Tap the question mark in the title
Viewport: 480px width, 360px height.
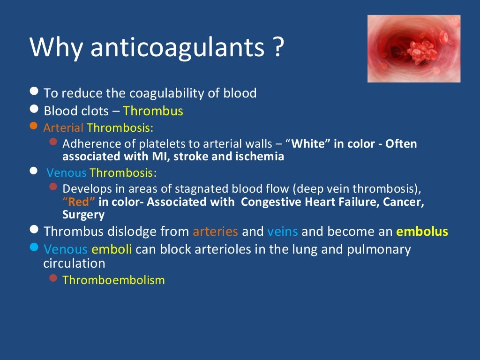click(277, 49)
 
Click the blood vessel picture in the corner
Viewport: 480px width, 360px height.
click(413, 49)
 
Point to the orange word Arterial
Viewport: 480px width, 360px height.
click(63, 127)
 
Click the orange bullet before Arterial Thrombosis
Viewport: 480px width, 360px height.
click(33, 126)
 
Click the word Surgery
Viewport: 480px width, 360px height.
click(83, 215)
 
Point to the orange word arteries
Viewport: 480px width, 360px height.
click(215, 232)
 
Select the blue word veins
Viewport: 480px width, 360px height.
click(282, 232)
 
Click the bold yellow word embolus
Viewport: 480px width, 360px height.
click(422, 232)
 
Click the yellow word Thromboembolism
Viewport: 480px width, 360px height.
click(113, 280)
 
